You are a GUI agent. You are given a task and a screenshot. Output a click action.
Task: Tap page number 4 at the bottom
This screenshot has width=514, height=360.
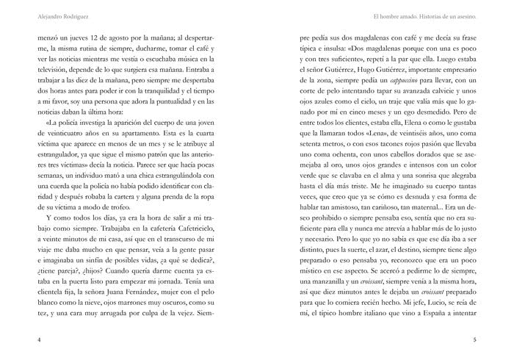(x=37, y=340)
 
